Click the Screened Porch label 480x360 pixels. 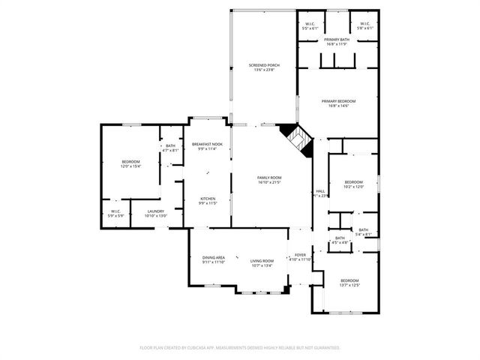pyautogui.click(x=263, y=67)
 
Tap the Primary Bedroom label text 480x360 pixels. pyautogui.click(x=338, y=103)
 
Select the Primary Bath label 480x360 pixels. pyautogui.click(x=337, y=41)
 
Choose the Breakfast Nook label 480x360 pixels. pyautogui.click(x=206, y=146)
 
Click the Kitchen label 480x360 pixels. pyautogui.click(x=206, y=200)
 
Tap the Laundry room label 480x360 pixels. pyautogui.click(x=156, y=214)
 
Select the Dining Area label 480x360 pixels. pyautogui.click(x=213, y=260)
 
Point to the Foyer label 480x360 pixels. pyautogui.click(x=300, y=257)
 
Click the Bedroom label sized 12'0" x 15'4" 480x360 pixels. pyautogui.click(x=130, y=163)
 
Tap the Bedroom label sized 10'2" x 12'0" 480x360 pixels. pyautogui.click(x=353, y=184)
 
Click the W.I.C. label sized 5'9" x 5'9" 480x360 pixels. pyautogui.click(x=116, y=214)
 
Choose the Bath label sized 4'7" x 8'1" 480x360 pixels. pyautogui.click(x=171, y=148)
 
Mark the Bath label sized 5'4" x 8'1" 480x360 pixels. pyautogui.click(x=363, y=232)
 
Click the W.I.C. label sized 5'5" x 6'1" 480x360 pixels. pyautogui.click(x=310, y=26)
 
